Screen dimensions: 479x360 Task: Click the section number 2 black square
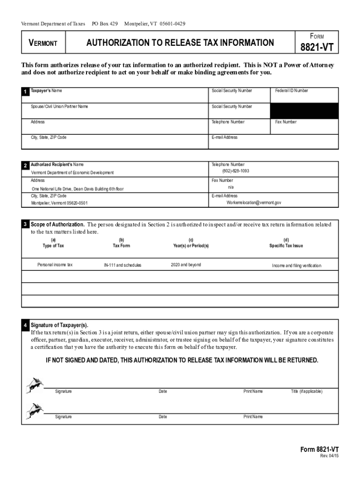coord(25,166)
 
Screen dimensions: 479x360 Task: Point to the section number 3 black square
coord(25,225)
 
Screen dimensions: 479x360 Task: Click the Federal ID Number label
coord(291,91)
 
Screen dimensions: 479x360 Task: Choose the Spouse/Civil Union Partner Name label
coord(59,107)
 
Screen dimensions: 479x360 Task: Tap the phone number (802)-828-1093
coord(232,171)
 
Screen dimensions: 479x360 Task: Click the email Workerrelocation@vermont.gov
coord(254,203)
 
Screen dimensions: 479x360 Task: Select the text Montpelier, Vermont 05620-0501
coord(59,203)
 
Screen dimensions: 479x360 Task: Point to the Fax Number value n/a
coord(230,187)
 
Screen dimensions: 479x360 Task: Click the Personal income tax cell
coord(55,265)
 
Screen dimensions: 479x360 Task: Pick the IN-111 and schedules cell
coord(122,265)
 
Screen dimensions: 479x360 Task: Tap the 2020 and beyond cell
coord(186,265)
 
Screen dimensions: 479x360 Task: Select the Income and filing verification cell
coord(296,266)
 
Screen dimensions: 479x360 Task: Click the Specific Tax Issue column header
coord(286,246)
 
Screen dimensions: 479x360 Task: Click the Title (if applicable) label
coord(306,392)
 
